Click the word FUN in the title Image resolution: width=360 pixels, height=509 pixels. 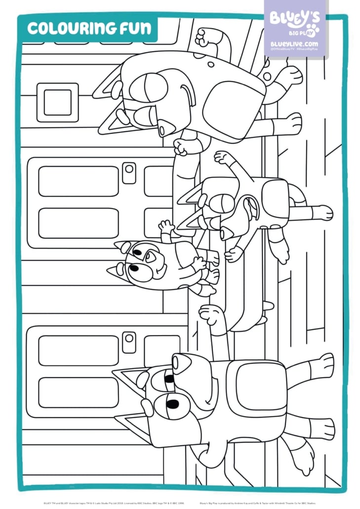(x=138, y=29)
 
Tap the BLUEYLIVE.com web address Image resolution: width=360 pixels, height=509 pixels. (x=294, y=44)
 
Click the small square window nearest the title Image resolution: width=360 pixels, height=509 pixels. (x=57, y=102)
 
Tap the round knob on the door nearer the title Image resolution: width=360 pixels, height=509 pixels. (x=129, y=169)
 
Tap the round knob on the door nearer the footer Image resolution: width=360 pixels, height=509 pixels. (x=129, y=339)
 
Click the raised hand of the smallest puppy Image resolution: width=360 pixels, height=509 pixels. (x=166, y=227)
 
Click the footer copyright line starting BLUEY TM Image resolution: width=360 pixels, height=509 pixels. (x=114, y=499)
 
